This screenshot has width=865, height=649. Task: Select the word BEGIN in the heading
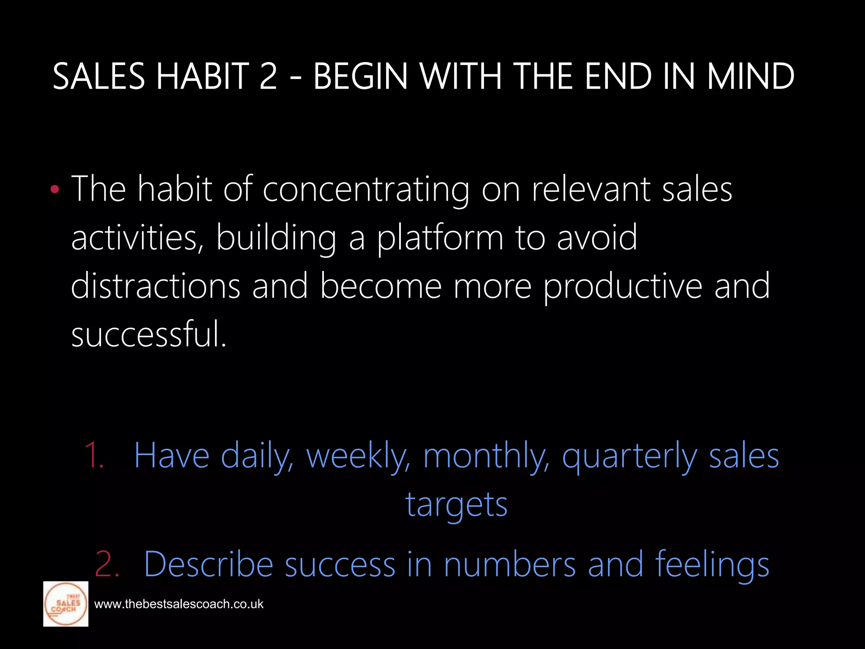point(360,76)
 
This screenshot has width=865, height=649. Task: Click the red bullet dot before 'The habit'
point(54,190)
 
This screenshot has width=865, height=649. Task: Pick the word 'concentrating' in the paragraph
point(366,190)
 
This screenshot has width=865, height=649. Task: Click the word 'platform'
point(440,238)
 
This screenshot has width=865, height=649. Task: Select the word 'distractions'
point(155,286)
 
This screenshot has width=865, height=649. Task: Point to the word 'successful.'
point(149,334)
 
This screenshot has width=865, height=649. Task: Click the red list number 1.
point(94,455)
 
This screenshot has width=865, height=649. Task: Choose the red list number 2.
point(107,564)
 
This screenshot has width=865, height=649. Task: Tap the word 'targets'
point(456,505)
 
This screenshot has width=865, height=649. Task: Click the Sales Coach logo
point(66,604)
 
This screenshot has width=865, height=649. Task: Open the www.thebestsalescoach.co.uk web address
point(179,604)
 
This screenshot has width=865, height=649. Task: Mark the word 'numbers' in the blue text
point(510,564)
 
